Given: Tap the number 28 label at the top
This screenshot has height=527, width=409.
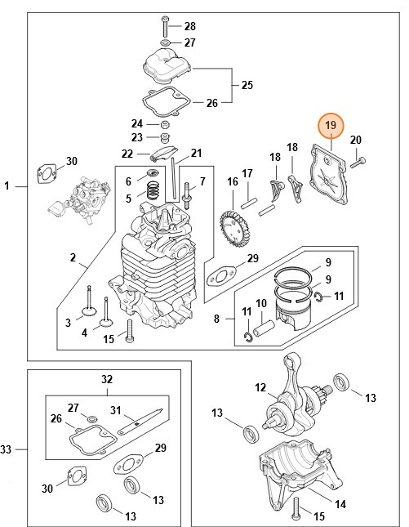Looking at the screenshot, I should coord(189,26).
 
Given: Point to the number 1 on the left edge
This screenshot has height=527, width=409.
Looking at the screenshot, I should coord(7,187).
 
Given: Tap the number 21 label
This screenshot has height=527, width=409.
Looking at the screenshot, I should coord(196,153).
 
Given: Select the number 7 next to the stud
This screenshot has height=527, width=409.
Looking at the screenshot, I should coord(202,181).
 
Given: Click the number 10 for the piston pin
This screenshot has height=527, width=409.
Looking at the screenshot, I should coord(262,304).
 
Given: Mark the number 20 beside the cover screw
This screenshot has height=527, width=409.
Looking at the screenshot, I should coord(355,141).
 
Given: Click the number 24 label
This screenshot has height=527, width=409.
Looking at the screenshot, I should coord(138,123).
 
